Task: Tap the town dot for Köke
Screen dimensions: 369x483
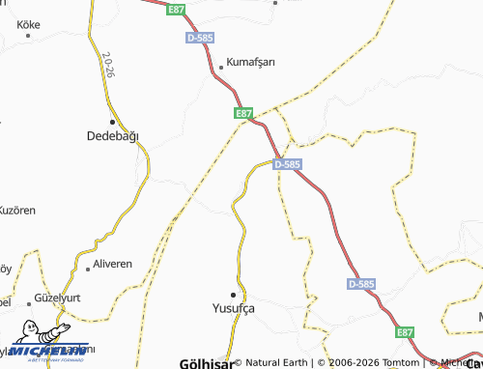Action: point(29,35)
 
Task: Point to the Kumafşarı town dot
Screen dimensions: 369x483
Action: point(222,68)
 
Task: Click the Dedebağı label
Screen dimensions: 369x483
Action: point(113,136)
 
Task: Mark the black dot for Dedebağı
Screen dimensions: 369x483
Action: point(113,122)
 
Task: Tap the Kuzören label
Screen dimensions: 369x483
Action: point(17,210)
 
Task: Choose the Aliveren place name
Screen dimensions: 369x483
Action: point(110,264)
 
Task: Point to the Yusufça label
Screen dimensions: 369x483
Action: point(233,308)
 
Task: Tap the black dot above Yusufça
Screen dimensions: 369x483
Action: point(233,294)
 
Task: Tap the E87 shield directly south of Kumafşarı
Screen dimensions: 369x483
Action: point(244,113)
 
